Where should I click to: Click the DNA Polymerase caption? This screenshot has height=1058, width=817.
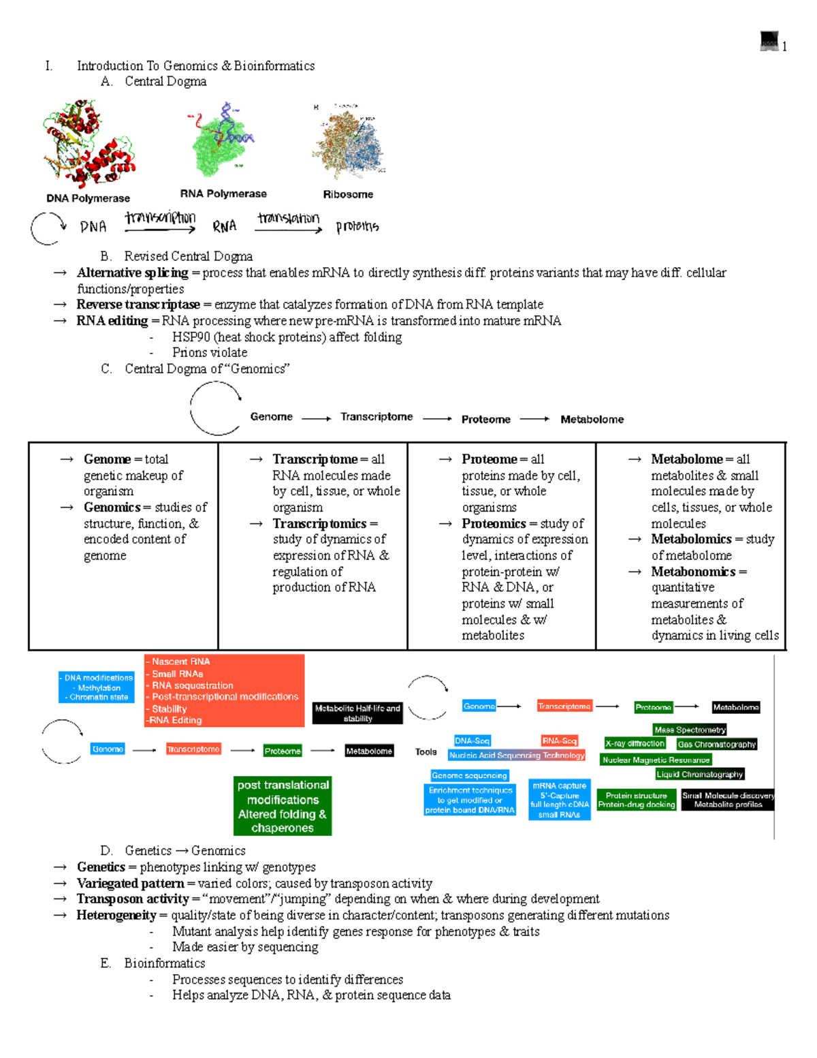tap(88, 198)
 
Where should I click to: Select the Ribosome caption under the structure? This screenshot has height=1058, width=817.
tap(348, 194)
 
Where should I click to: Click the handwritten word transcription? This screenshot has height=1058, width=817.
tap(160, 218)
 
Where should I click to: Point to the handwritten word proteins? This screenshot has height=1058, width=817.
tap(357, 226)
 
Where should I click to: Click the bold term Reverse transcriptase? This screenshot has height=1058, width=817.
tap(138, 305)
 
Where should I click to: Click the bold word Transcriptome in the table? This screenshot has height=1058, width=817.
tap(315, 459)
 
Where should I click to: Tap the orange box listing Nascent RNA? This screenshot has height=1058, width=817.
tap(224, 691)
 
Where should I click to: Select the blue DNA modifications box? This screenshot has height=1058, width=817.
tap(97, 687)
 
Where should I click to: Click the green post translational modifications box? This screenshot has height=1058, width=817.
tap(283, 806)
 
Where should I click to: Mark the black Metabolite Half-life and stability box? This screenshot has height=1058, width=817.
tap(357, 713)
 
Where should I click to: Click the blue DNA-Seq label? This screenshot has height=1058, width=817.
tap(472, 741)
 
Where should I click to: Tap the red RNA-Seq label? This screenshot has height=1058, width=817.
tap(559, 741)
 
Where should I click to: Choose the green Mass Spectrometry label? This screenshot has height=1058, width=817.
tap(690, 730)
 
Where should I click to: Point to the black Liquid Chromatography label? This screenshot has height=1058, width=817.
tap(699, 775)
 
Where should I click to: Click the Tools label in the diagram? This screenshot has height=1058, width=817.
tap(426, 752)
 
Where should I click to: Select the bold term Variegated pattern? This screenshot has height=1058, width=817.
tap(131, 884)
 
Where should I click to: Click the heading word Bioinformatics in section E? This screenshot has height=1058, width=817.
tap(165, 963)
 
